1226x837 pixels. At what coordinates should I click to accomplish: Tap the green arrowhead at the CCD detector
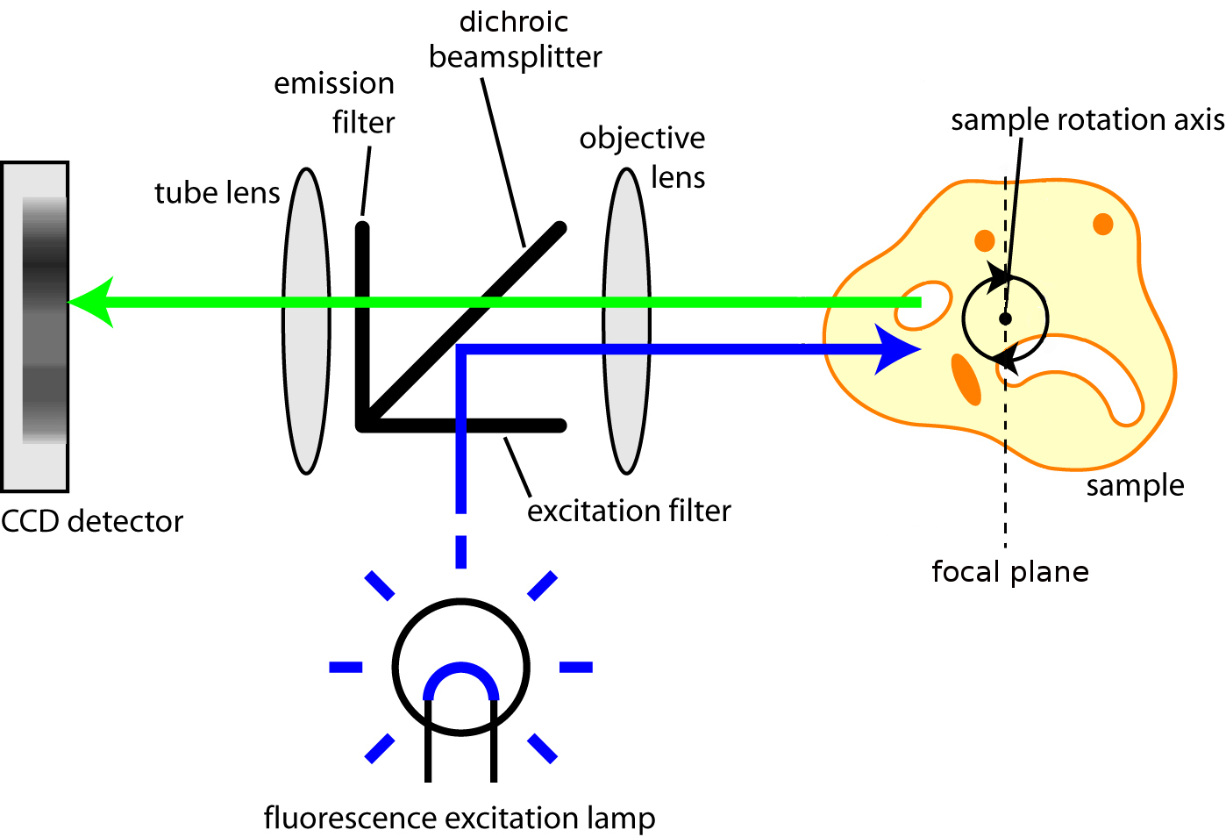91,303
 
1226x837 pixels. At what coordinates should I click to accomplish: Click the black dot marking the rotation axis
1005,318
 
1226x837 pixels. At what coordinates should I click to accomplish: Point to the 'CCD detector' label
92,521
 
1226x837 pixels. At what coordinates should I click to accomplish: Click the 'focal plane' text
1009,572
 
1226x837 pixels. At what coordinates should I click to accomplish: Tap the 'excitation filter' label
629,511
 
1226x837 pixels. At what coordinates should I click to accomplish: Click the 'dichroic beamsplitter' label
515,39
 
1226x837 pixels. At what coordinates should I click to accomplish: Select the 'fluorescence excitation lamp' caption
459,818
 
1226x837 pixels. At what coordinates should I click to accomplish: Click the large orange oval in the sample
966,379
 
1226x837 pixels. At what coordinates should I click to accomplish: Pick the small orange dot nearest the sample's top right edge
1102,224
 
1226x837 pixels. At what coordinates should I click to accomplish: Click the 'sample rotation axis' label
1087,119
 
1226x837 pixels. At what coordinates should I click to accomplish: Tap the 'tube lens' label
217,193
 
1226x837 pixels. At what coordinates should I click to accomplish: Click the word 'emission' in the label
333,83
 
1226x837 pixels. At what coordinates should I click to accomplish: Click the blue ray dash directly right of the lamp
576,668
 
